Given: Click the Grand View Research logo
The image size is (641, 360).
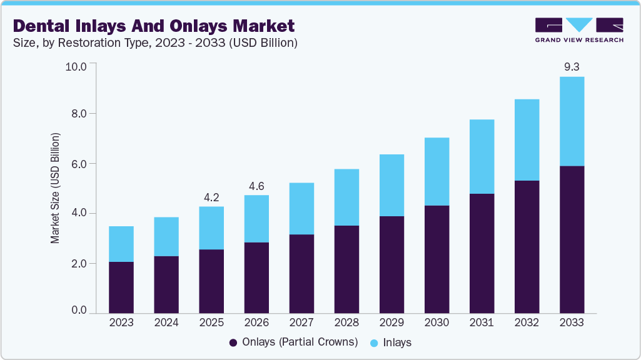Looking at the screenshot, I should tap(579, 29).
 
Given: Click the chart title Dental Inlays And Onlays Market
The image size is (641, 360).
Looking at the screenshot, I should tap(154, 26).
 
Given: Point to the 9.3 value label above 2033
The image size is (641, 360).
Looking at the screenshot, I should tap(572, 66).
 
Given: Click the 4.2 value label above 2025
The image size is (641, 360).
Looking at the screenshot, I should tap(211, 197).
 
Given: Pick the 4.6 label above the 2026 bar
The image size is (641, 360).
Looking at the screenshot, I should tap(256, 186).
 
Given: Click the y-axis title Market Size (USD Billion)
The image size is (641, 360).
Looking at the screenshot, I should tap(55, 188).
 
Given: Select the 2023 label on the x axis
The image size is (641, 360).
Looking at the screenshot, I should tap(121, 323).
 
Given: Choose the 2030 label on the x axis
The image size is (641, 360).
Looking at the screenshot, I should tap(437, 323).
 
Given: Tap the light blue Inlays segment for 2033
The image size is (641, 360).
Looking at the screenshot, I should tap(572, 121).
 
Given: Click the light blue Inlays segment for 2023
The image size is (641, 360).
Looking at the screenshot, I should tap(121, 244).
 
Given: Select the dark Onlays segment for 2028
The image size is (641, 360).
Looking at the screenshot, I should tap(346, 269).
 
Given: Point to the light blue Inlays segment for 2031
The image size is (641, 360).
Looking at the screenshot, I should tap(482, 156).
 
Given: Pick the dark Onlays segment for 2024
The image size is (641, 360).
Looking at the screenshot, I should tap(166, 284).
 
